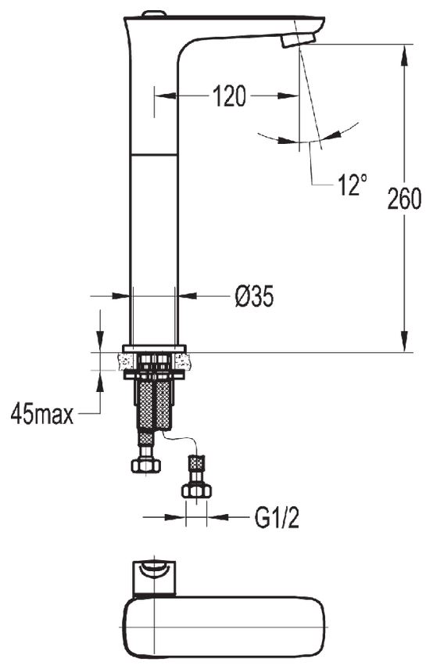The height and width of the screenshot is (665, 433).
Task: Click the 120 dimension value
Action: pyautogui.click(x=229, y=96)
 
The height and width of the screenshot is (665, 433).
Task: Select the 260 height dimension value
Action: pyautogui.click(x=405, y=199)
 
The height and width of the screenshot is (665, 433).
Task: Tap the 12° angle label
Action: pyautogui.click(x=352, y=185)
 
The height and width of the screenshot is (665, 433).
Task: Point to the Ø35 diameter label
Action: pyautogui.click(x=254, y=296)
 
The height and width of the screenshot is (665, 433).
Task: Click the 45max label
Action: pyautogui.click(x=42, y=414)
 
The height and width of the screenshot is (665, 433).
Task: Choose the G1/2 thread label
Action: pyautogui.click(x=277, y=517)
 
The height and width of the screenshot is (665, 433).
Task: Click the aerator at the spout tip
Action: pyautogui.click(x=299, y=40)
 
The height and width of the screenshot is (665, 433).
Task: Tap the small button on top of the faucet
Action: pyautogui.click(x=153, y=14)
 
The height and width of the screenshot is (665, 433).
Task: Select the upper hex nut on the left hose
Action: pyautogui.click(x=145, y=465)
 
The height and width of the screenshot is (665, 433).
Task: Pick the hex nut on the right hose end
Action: pyautogui.click(x=196, y=491)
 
